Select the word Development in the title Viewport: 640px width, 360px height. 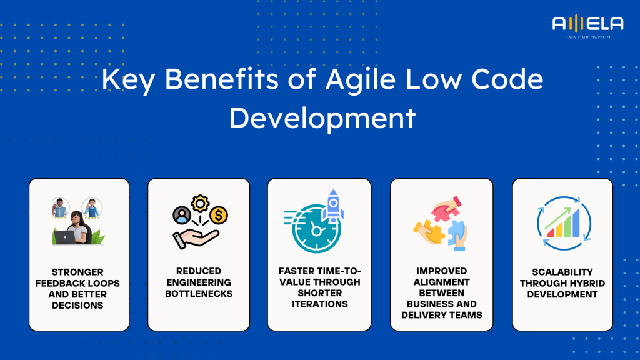[x=322, y=117]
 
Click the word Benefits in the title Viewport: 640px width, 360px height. [x=209, y=81]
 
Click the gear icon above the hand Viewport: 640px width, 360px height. [x=200, y=204]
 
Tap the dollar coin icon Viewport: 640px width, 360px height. [x=219, y=216]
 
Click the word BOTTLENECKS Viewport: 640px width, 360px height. [x=198, y=293]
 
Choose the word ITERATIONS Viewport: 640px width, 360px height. [x=319, y=304]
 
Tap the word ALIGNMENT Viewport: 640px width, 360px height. [x=441, y=282]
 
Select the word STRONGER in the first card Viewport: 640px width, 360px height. [x=79, y=272]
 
